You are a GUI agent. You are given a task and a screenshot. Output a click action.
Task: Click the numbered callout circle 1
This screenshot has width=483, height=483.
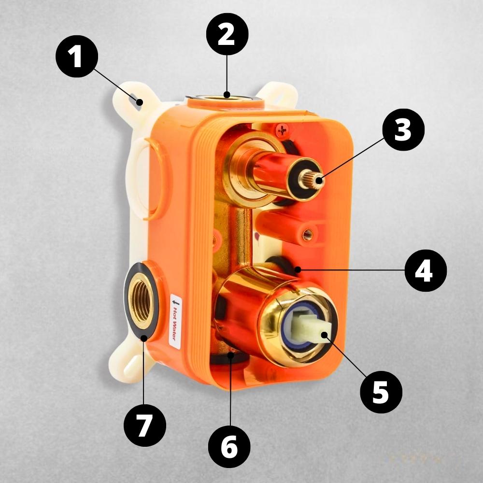click(x=77, y=57)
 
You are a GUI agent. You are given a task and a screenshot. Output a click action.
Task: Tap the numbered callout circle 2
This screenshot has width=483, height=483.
click(x=227, y=34)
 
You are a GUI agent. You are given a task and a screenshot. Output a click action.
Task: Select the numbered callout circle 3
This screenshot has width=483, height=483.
click(x=403, y=129)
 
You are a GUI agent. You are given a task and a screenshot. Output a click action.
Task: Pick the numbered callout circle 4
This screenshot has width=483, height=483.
click(x=426, y=270)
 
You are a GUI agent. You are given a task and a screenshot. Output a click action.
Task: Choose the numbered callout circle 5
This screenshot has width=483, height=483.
click(x=382, y=392)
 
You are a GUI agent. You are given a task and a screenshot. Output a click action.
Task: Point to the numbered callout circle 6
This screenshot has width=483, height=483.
click(x=229, y=447)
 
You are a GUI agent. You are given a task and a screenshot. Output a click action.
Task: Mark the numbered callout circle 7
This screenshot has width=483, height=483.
click(x=145, y=426)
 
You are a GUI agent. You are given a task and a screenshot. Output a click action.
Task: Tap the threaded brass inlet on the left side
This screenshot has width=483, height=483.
click(x=142, y=300)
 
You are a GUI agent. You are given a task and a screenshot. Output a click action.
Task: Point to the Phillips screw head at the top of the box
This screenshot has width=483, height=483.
click(x=282, y=131)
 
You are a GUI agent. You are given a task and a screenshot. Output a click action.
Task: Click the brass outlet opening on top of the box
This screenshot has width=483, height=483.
click(x=225, y=99)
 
